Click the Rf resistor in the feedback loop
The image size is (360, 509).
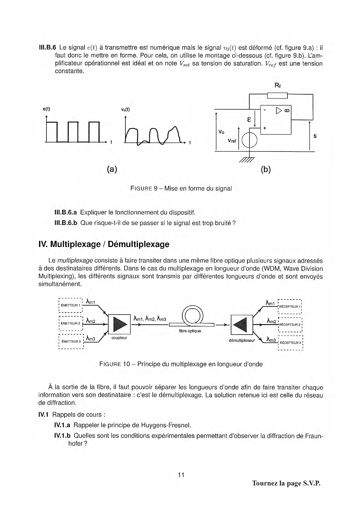[x=277, y=95]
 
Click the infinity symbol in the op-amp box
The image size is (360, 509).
[x=287, y=110]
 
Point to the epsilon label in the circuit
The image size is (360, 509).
[x=249, y=119]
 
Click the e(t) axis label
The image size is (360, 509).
[x=46, y=109]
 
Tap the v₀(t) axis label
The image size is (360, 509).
[x=125, y=109]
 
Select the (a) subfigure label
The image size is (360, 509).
[x=112, y=169]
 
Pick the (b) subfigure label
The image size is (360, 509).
[x=266, y=169]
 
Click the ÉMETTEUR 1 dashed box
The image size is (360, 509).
[x=71, y=305]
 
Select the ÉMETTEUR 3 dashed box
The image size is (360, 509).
[x=71, y=341]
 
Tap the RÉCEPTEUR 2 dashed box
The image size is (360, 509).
[x=290, y=324]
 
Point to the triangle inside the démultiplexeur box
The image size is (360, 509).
[x=240, y=324]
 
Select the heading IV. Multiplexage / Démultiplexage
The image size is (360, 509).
[x=104, y=244]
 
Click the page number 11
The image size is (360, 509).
[x=181, y=475]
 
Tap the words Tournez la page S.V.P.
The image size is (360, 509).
[x=286, y=483]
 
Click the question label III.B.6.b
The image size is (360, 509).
[x=66, y=223]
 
